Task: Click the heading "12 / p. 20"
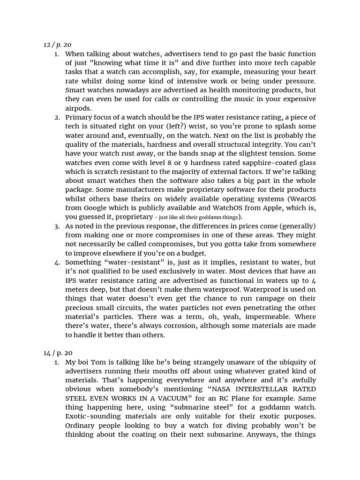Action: [x=57, y=45]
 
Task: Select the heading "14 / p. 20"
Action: [x=57, y=352]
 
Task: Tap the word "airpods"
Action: [x=78, y=108]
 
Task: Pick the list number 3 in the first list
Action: [x=57, y=226]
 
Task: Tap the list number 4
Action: [x=57, y=262]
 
